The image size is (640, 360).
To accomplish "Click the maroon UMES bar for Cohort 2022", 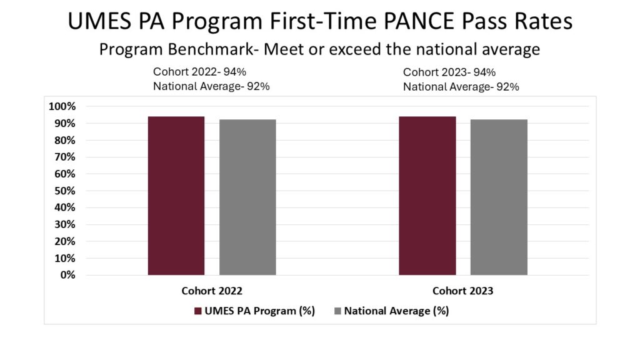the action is [176, 196].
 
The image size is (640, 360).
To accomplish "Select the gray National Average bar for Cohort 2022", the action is [247, 197].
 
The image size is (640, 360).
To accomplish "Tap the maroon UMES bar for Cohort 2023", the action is [427, 196].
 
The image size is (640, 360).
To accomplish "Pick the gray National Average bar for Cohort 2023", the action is [499, 197].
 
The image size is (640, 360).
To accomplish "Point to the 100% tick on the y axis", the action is [62, 106].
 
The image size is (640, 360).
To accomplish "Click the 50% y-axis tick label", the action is [65, 191].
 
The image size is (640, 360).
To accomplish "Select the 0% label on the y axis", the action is [67, 275].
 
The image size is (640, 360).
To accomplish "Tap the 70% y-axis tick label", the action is [65, 157].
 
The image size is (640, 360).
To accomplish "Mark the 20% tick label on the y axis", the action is [65, 241].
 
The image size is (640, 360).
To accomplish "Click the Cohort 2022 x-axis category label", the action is [212, 291].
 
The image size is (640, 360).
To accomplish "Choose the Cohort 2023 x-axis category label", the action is [463, 291].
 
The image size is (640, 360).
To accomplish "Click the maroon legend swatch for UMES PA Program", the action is [198, 311].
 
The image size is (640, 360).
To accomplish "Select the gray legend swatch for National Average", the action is [337, 311].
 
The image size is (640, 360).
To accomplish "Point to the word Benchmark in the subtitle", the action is [213, 49].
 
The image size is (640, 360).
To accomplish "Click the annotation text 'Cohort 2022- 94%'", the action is [199, 72].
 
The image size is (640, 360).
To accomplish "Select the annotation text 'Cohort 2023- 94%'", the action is [449, 72].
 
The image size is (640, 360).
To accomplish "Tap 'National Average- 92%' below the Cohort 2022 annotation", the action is [211, 86].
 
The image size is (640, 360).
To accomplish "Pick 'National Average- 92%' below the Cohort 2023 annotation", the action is [461, 87].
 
